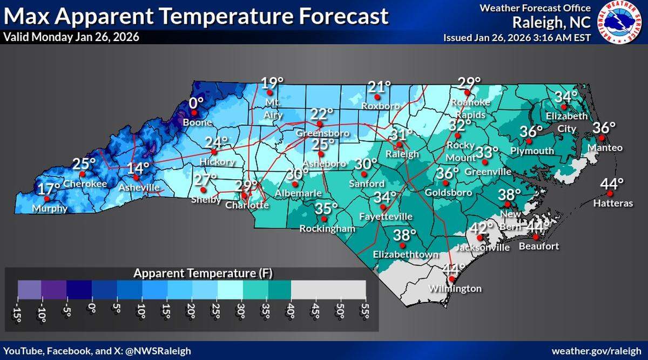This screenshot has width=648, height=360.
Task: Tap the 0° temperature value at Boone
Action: click(x=196, y=103)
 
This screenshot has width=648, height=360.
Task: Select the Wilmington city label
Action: click(x=455, y=289)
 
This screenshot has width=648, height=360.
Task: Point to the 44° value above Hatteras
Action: click(x=611, y=184)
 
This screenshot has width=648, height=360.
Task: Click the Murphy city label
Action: click(x=49, y=209)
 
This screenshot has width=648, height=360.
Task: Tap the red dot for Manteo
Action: click(x=601, y=138)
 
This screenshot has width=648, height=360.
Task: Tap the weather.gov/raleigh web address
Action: click(x=597, y=351)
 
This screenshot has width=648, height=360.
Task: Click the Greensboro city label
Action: click(x=322, y=133)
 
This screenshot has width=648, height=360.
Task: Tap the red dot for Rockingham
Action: click(x=323, y=219)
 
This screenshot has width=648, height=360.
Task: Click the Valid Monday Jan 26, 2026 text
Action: click(x=71, y=38)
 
